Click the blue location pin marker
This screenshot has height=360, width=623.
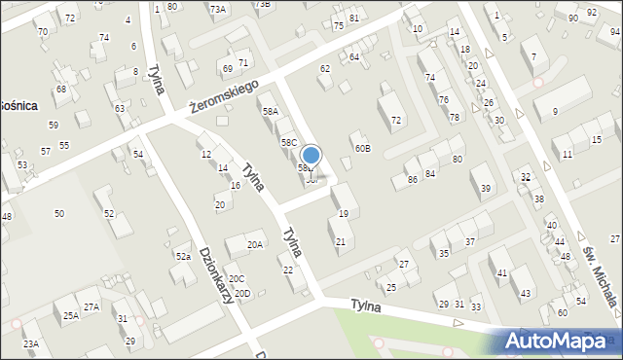pyautogui.click(x=311, y=156)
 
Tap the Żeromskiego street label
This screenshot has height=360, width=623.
pyautogui.click(x=223, y=94)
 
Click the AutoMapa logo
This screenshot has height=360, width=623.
pyautogui.click(x=560, y=341)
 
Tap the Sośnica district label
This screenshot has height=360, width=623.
pyautogui.click(x=18, y=104)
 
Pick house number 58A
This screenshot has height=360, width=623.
pyautogui.click(x=271, y=112)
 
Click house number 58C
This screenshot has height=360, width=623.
pyautogui.click(x=289, y=142)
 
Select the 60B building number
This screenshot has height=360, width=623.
pyautogui.click(x=362, y=148)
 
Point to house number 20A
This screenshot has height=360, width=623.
pyautogui.click(x=255, y=245)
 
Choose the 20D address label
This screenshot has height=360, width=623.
pyautogui.click(x=242, y=293)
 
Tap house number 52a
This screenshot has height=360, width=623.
pyautogui.click(x=183, y=256)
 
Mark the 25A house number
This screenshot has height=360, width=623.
pyautogui.click(x=71, y=315)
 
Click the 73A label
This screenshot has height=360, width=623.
pyautogui.click(x=218, y=9)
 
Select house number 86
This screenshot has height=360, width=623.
pyautogui.click(x=413, y=180)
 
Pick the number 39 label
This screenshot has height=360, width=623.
pyautogui.click(x=485, y=188)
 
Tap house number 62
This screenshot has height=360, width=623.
pyautogui.click(x=325, y=69)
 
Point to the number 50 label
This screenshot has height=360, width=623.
pyautogui.click(x=59, y=213)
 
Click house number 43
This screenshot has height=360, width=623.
pyautogui.click(x=526, y=294)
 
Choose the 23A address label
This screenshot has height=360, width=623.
pyautogui.click(x=31, y=343)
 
